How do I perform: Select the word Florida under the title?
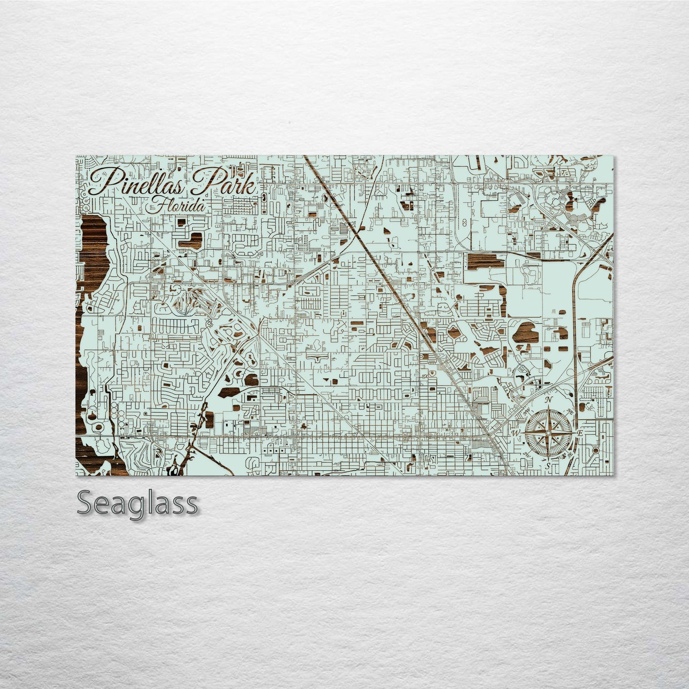(178, 206)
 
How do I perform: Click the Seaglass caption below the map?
(137, 503)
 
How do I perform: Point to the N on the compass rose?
(548, 400)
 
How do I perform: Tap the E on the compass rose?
(580, 433)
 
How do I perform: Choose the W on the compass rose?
(516, 433)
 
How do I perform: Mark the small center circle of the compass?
(548, 433)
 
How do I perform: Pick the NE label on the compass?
(570, 411)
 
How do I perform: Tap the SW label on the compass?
(526, 454)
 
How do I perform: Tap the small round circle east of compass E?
(596, 450)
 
